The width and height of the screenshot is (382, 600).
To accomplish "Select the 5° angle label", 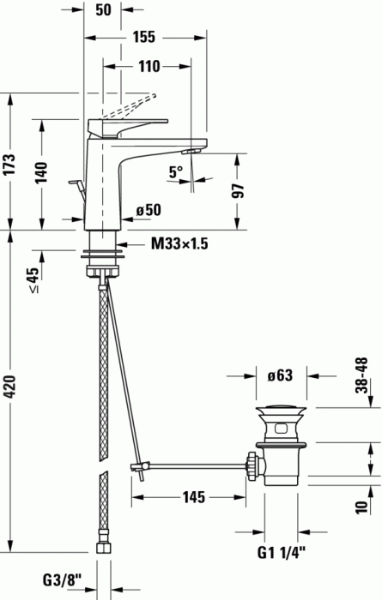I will click(176, 172).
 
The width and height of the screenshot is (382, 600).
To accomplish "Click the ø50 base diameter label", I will click(148, 209).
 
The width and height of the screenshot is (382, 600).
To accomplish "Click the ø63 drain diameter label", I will click(282, 375).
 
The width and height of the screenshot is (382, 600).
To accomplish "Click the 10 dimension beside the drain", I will click(363, 506).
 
